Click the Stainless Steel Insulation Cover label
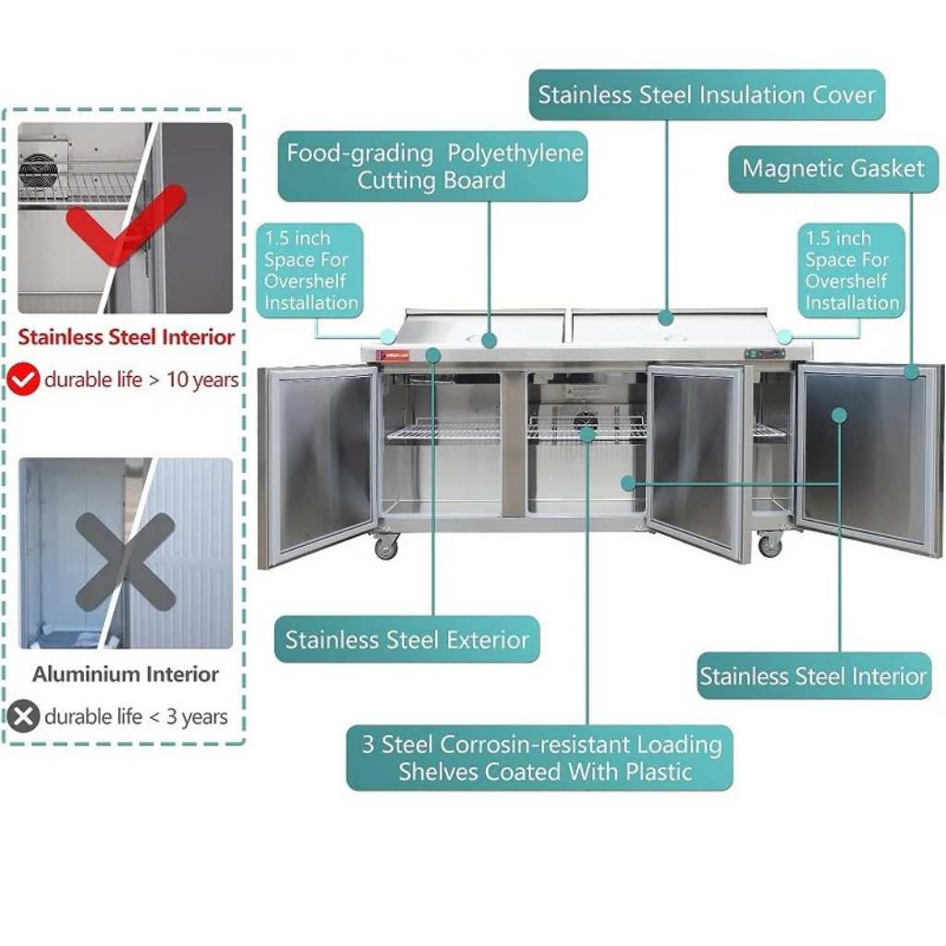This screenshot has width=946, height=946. pyautogui.click(x=707, y=95)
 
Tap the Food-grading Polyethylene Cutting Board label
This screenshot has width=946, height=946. pyautogui.click(x=432, y=166)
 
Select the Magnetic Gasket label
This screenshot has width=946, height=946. pyautogui.click(x=833, y=169)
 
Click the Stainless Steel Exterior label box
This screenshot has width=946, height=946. pyautogui.click(x=406, y=639)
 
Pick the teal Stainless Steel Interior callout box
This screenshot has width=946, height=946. pyautogui.click(x=814, y=675)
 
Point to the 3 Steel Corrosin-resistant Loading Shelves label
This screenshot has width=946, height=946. pyautogui.click(x=540, y=758)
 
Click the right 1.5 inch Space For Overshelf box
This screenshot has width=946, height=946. pyautogui.click(x=851, y=271)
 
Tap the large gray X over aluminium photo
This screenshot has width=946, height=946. pyautogui.click(x=126, y=562)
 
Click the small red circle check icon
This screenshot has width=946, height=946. pyautogui.click(x=23, y=379)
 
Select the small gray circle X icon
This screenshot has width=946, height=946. pyautogui.click(x=23, y=716)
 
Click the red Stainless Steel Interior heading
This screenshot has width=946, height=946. pyautogui.click(x=126, y=336)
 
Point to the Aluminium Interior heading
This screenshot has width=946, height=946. pyautogui.click(x=126, y=673)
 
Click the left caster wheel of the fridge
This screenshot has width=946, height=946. pyautogui.click(x=386, y=548)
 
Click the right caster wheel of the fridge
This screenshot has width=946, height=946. pyautogui.click(x=770, y=546)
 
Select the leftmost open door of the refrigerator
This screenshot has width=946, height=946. pyautogui.click(x=318, y=467)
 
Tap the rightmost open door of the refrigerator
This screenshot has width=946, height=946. pyautogui.click(x=869, y=460)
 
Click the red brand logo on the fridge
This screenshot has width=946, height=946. pyautogui.click(x=393, y=356)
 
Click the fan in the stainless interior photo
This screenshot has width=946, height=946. pyautogui.click(x=39, y=171)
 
